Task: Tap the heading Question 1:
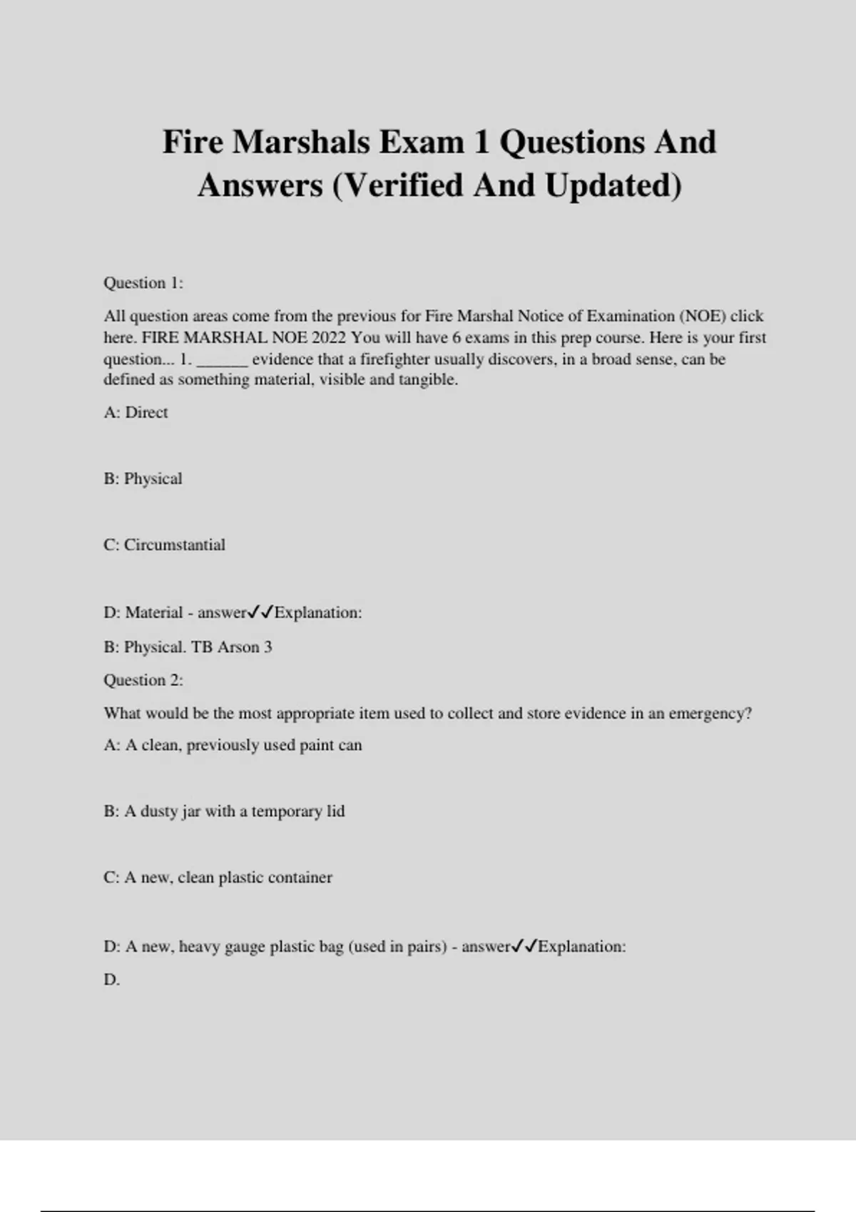coord(143,283)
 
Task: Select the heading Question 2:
coord(143,680)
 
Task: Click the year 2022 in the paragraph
coord(328,337)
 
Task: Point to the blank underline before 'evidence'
coord(222,360)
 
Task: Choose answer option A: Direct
coord(136,413)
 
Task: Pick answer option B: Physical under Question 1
coord(143,478)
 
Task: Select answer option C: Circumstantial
coord(164,545)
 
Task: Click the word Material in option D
coord(154,612)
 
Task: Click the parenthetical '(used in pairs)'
coord(397,947)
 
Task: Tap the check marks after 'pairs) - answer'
coord(524,947)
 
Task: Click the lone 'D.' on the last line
coord(112,980)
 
